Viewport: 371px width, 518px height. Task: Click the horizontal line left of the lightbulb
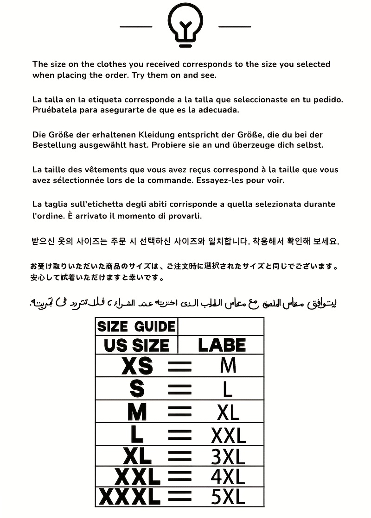(136, 27)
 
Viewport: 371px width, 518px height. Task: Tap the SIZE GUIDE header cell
(136, 327)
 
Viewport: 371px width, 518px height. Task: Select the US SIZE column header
(136, 345)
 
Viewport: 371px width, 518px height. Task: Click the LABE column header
(221, 345)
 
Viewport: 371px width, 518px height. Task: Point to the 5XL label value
(228, 497)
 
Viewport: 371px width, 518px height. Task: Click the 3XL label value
(228, 457)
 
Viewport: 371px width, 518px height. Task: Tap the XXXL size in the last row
(130, 497)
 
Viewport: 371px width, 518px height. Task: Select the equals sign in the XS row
(179, 367)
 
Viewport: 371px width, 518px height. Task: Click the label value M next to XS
(228, 366)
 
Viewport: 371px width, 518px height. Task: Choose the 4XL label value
(228, 477)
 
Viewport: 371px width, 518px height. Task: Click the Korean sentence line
(185, 242)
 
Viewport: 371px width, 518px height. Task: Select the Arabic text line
(183, 303)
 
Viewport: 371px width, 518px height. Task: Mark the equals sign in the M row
(179, 412)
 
